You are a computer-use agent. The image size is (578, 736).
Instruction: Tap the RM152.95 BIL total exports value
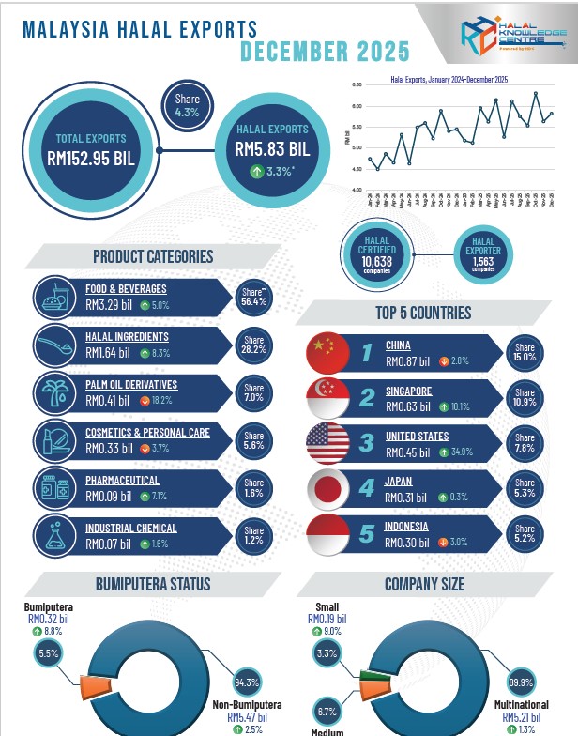coord(91,157)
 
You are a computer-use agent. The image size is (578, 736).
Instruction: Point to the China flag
coord(327,352)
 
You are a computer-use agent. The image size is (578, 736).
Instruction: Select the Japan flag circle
coord(327,489)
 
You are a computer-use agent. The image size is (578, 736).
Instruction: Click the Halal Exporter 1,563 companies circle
coord(482,253)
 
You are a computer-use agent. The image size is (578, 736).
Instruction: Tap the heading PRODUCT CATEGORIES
coord(153,256)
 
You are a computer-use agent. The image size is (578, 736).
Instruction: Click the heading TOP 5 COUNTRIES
coord(424,313)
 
